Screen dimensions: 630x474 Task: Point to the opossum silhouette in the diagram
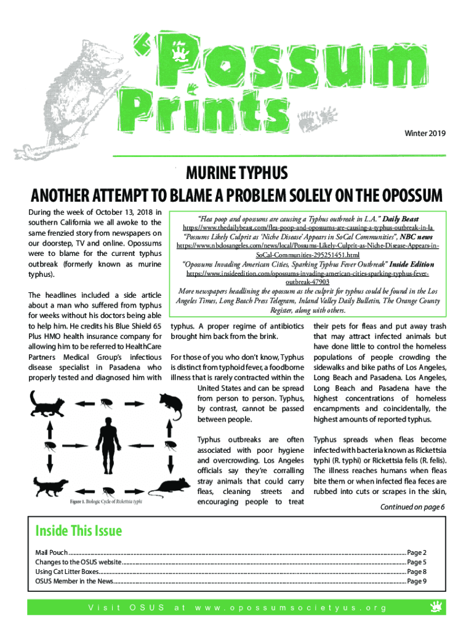point(169,405)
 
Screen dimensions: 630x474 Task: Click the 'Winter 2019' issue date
point(425,133)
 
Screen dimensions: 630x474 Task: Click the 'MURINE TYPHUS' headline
point(237,172)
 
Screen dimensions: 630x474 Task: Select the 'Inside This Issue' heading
point(79,530)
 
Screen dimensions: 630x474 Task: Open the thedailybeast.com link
point(308,228)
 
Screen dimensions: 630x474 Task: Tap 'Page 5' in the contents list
point(417,562)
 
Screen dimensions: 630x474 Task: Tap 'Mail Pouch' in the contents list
point(51,552)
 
